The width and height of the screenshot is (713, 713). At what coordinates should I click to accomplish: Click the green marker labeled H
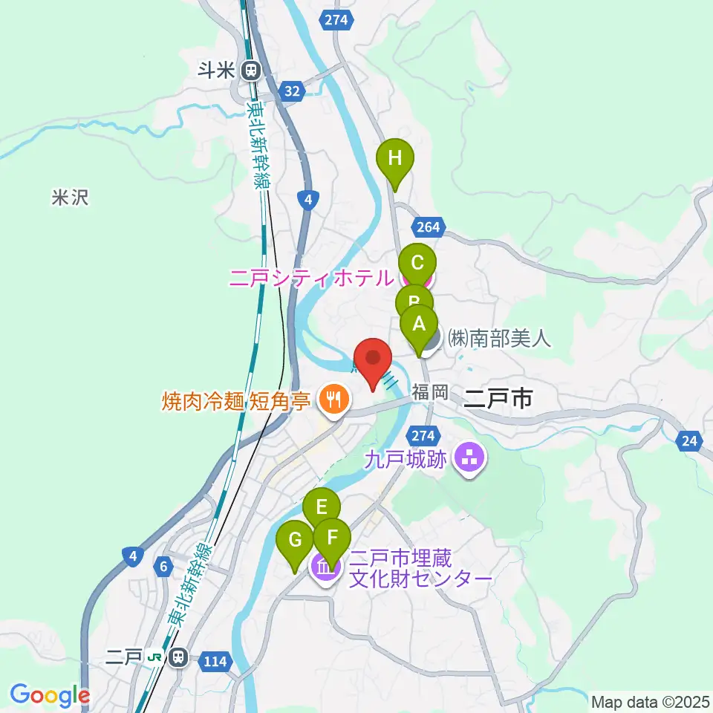click(394, 159)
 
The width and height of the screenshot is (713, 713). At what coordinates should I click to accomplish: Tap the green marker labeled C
click(417, 263)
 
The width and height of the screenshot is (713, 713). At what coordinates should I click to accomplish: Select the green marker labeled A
click(419, 325)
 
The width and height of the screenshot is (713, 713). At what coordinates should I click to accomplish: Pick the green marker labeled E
click(322, 508)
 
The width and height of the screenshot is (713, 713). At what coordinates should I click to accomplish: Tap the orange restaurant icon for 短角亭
click(330, 401)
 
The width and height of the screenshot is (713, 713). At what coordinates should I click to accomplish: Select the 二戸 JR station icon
click(177, 657)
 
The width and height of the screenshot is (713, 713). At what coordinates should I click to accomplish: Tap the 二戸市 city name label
click(497, 399)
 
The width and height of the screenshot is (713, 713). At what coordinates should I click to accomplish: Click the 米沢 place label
click(71, 198)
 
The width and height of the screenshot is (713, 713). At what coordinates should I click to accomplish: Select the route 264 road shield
click(430, 227)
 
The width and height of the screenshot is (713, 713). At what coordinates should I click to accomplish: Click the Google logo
click(50, 695)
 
